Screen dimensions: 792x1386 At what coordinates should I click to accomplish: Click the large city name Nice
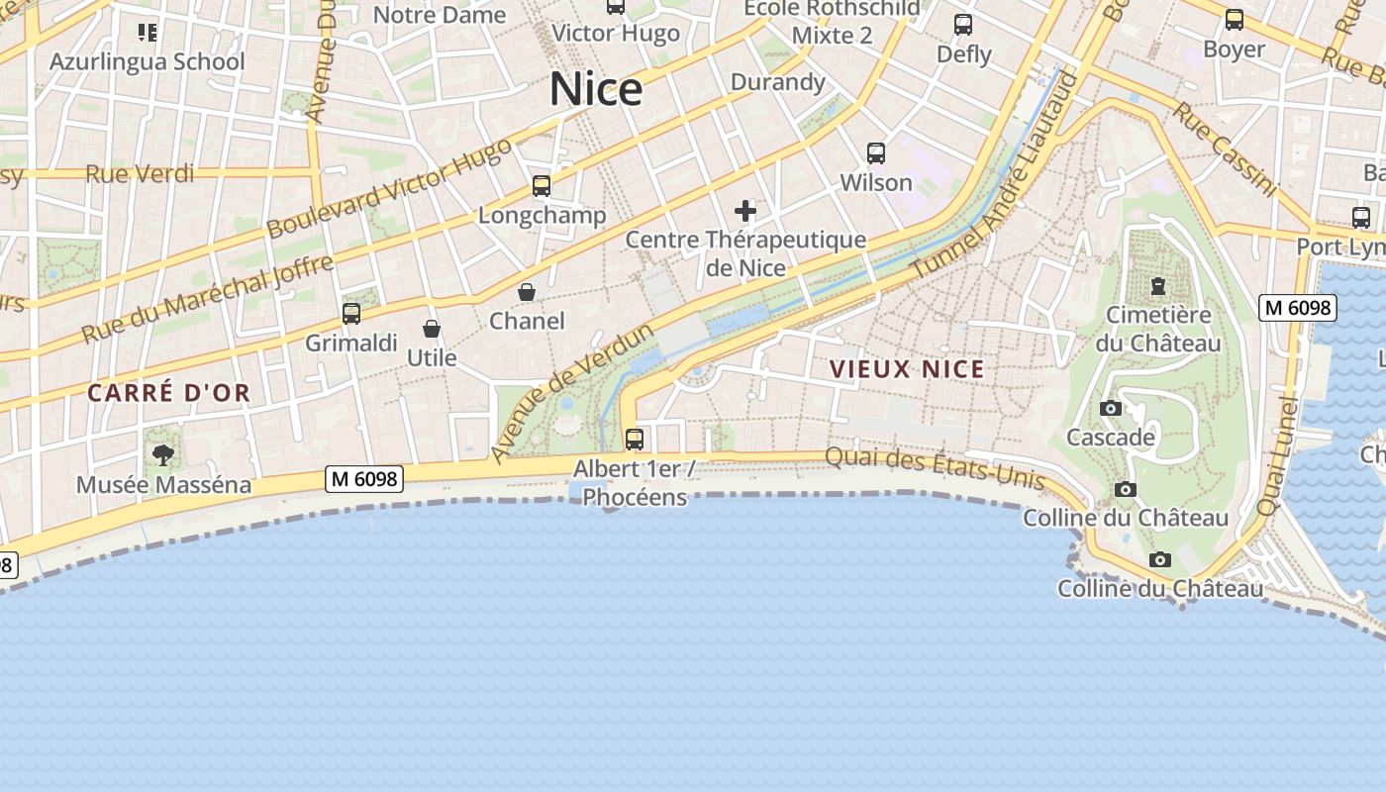[596, 89]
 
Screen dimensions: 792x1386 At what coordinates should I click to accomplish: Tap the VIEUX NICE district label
[907, 369]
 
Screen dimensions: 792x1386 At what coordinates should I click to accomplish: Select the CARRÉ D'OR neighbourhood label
[169, 393]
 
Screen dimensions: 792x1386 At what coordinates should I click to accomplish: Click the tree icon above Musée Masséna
[163, 455]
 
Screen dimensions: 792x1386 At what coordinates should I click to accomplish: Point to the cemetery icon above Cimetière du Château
[1157, 286]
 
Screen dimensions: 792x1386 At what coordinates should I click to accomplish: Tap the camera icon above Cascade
[1110, 408]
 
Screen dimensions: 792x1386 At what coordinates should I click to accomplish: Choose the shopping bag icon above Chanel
[527, 292]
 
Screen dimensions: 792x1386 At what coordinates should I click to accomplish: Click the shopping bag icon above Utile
[432, 329]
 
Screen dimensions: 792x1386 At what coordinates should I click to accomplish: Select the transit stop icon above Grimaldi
[351, 314]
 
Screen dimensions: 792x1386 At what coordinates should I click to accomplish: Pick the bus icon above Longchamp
[542, 185]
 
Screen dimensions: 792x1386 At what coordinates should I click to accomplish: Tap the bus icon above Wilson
[876, 153]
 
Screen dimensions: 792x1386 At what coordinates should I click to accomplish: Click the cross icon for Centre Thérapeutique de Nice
[745, 210]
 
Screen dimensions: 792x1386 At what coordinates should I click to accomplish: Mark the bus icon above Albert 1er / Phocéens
[635, 439]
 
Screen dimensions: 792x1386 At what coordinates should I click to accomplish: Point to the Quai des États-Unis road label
[935, 468]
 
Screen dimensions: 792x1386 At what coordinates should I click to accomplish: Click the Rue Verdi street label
[140, 174]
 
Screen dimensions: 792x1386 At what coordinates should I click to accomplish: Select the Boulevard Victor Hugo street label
[390, 188]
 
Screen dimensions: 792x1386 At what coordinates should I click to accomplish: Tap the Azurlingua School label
[148, 61]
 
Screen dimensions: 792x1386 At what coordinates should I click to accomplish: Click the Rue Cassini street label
[1226, 148]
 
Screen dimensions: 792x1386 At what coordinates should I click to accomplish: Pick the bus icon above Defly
[963, 25]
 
